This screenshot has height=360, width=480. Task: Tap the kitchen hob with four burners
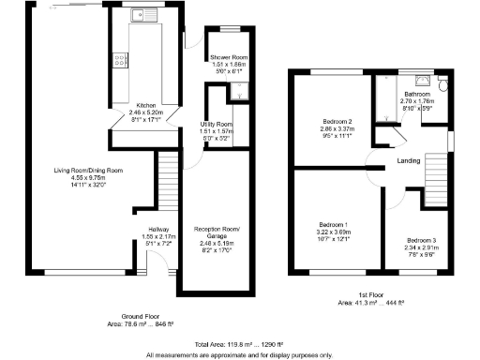point(120,61)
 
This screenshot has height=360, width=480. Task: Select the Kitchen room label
point(145,105)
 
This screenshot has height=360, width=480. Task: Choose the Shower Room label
point(228,58)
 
